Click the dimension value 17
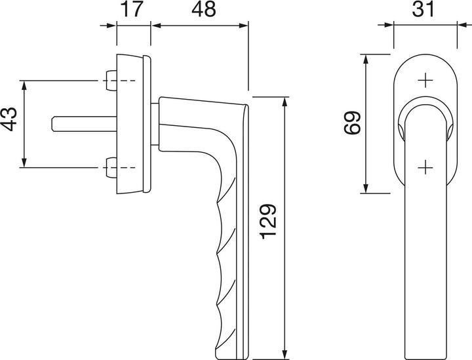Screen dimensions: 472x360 pos(132,10)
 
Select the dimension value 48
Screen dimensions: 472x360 pos(204,10)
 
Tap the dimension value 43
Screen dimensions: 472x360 pos(9,119)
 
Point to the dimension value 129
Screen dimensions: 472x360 pos(269,222)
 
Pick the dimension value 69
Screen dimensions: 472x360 pos(352,123)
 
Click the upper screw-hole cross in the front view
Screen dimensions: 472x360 pos(425,81)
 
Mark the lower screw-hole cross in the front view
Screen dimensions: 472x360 pos(425,167)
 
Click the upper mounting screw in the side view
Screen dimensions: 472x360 pos(111,81)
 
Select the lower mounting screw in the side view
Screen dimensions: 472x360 pos(111,167)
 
